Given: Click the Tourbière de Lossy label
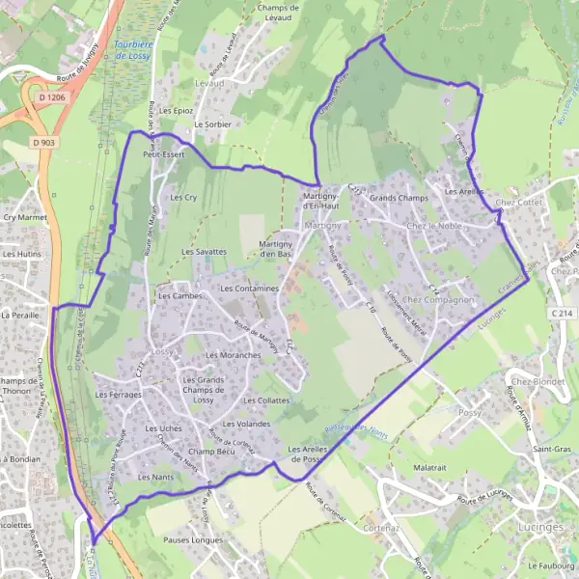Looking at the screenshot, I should click(132, 50).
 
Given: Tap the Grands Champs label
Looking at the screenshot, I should click(398, 198).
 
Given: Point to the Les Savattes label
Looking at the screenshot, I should click(204, 251).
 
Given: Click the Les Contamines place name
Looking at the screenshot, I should click(249, 289).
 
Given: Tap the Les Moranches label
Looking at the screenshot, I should click(233, 356).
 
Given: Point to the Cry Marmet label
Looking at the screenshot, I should click(25, 218).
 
